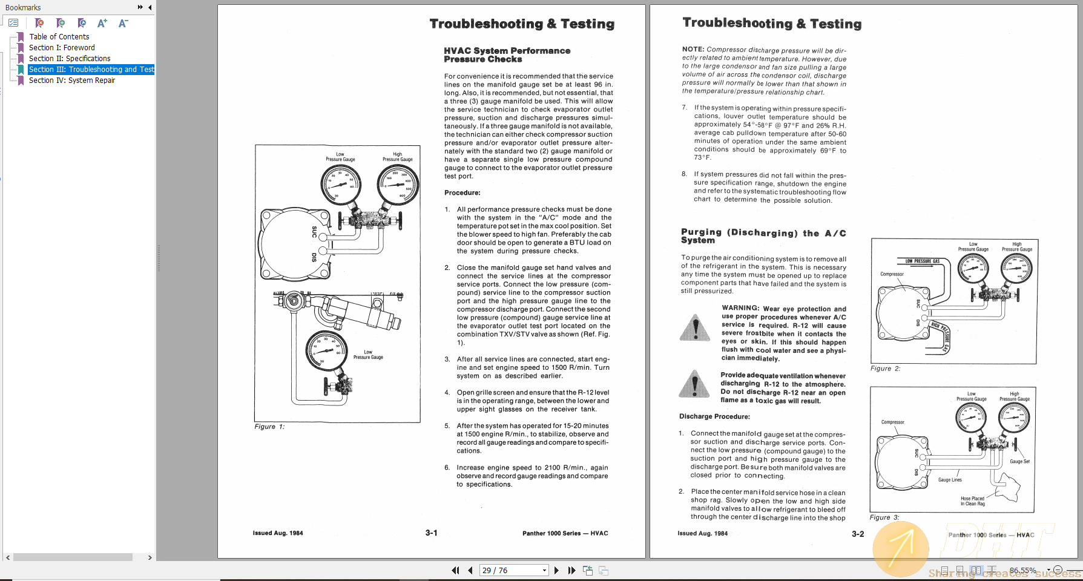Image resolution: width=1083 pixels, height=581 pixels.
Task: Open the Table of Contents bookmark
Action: [59, 37]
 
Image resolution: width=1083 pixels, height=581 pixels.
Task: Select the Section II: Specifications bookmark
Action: [70, 59]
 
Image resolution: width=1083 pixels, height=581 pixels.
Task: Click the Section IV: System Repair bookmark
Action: [71, 80]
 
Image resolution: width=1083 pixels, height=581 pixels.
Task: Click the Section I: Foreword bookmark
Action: [62, 48]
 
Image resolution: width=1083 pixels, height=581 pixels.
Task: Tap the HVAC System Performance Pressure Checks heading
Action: [507, 55]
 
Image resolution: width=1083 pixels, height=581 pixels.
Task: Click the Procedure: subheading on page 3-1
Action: [462, 192]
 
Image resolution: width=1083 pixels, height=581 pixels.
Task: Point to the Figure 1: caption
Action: [269, 427]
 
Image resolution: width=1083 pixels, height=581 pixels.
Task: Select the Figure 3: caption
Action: [884, 517]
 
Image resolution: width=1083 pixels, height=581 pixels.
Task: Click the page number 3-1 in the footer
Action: [431, 533]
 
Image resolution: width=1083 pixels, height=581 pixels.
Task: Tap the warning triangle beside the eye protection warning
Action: [695, 328]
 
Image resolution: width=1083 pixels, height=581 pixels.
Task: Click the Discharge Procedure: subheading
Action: [714, 416]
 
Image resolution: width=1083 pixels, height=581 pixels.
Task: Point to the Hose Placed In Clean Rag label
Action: [972, 501]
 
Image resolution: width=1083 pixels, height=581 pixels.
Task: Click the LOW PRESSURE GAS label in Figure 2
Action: [922, 261]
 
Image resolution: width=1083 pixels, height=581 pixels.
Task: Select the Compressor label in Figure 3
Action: [892, 422]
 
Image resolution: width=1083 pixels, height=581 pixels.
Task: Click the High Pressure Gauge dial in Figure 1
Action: [397, 185]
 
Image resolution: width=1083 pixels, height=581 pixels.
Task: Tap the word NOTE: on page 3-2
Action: [693, 49]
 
